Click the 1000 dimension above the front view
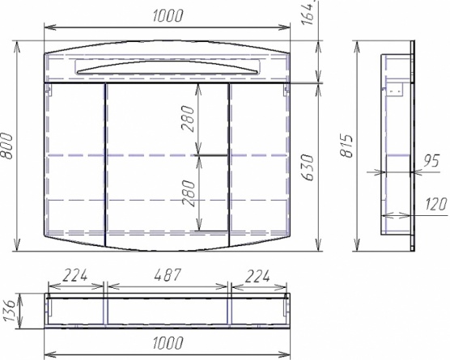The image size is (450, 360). coord(168,16)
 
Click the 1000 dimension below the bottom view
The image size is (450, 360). coord(168,342)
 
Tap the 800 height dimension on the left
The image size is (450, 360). coord(7,146)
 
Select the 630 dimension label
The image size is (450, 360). coord(308,167)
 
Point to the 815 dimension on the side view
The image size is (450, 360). coord(346,146)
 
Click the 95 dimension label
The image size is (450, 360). coord(431,161)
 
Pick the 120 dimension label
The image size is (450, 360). coord(436,204)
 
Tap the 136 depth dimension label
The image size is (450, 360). coord(8,311)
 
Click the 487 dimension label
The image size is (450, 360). coord(168,275)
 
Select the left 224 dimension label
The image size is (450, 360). coord(75,275)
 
